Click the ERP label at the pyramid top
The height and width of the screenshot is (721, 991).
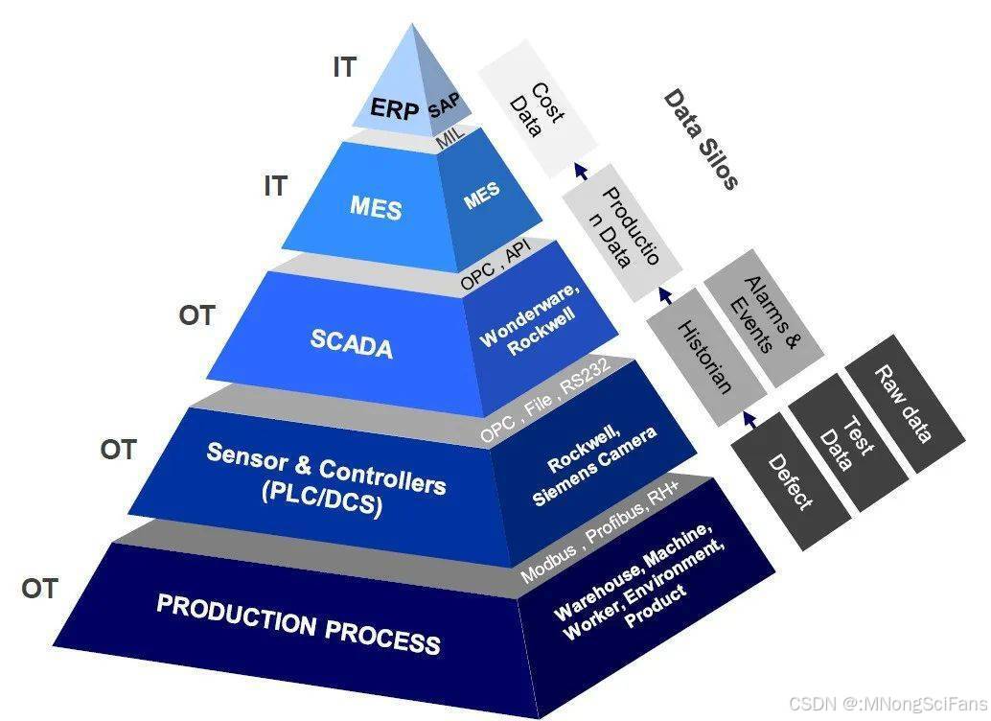(x=396, y=109)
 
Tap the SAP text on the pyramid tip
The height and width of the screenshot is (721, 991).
(x=444, y=105)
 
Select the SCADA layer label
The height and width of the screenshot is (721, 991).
(x=352, y=342)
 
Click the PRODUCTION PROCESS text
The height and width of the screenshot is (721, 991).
(x=298, y=622)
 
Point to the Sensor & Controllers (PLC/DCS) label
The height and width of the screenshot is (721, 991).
(x=326, y=480)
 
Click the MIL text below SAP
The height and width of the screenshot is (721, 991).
(x=450, y=137)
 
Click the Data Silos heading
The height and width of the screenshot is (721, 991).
(x=701, y=139)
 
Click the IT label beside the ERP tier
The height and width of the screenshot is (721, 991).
(x=344, y=68)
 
